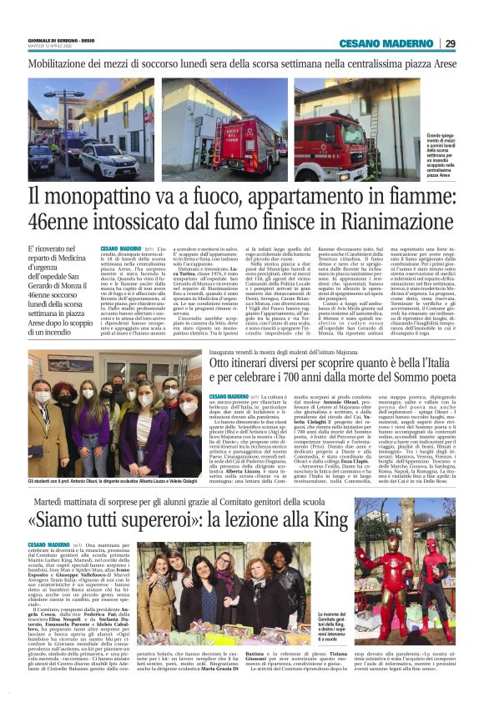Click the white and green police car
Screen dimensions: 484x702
[106, 157]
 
